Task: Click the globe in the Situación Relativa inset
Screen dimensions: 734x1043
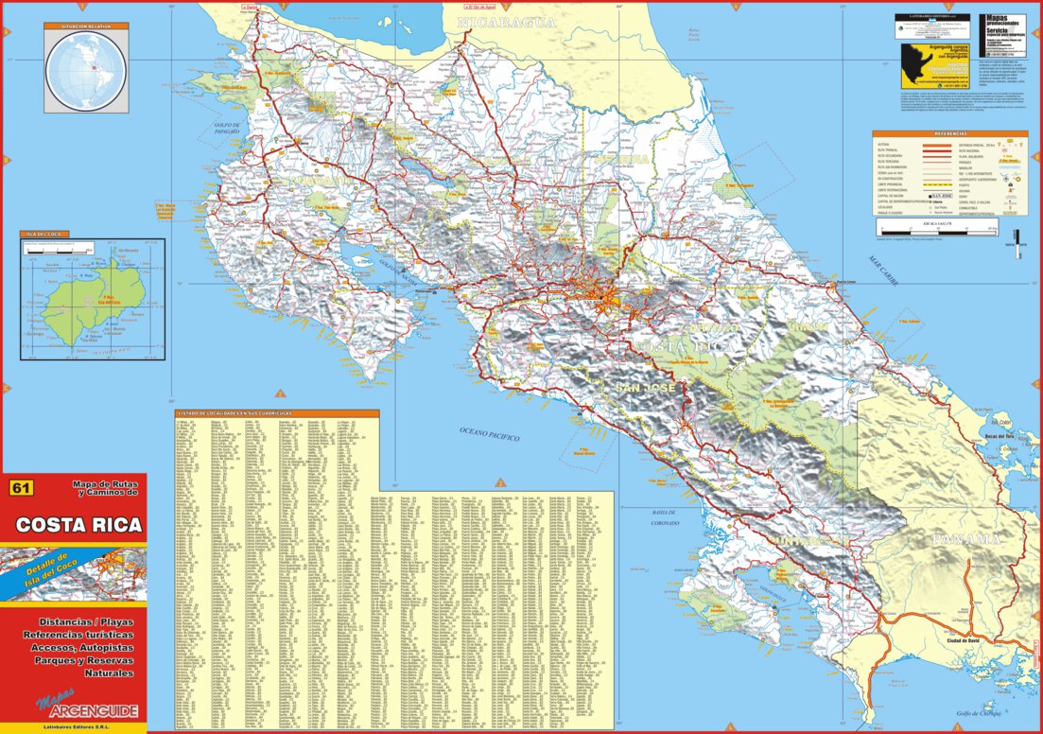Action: [86, 70]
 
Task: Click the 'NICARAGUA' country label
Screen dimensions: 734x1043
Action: [506, 22]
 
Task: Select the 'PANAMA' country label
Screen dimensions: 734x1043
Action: [965, 539]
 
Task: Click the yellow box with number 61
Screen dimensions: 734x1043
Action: [21, 488]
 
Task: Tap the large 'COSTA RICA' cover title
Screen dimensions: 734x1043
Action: [78, 525]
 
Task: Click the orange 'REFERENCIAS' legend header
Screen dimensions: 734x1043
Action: [949, 134]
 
